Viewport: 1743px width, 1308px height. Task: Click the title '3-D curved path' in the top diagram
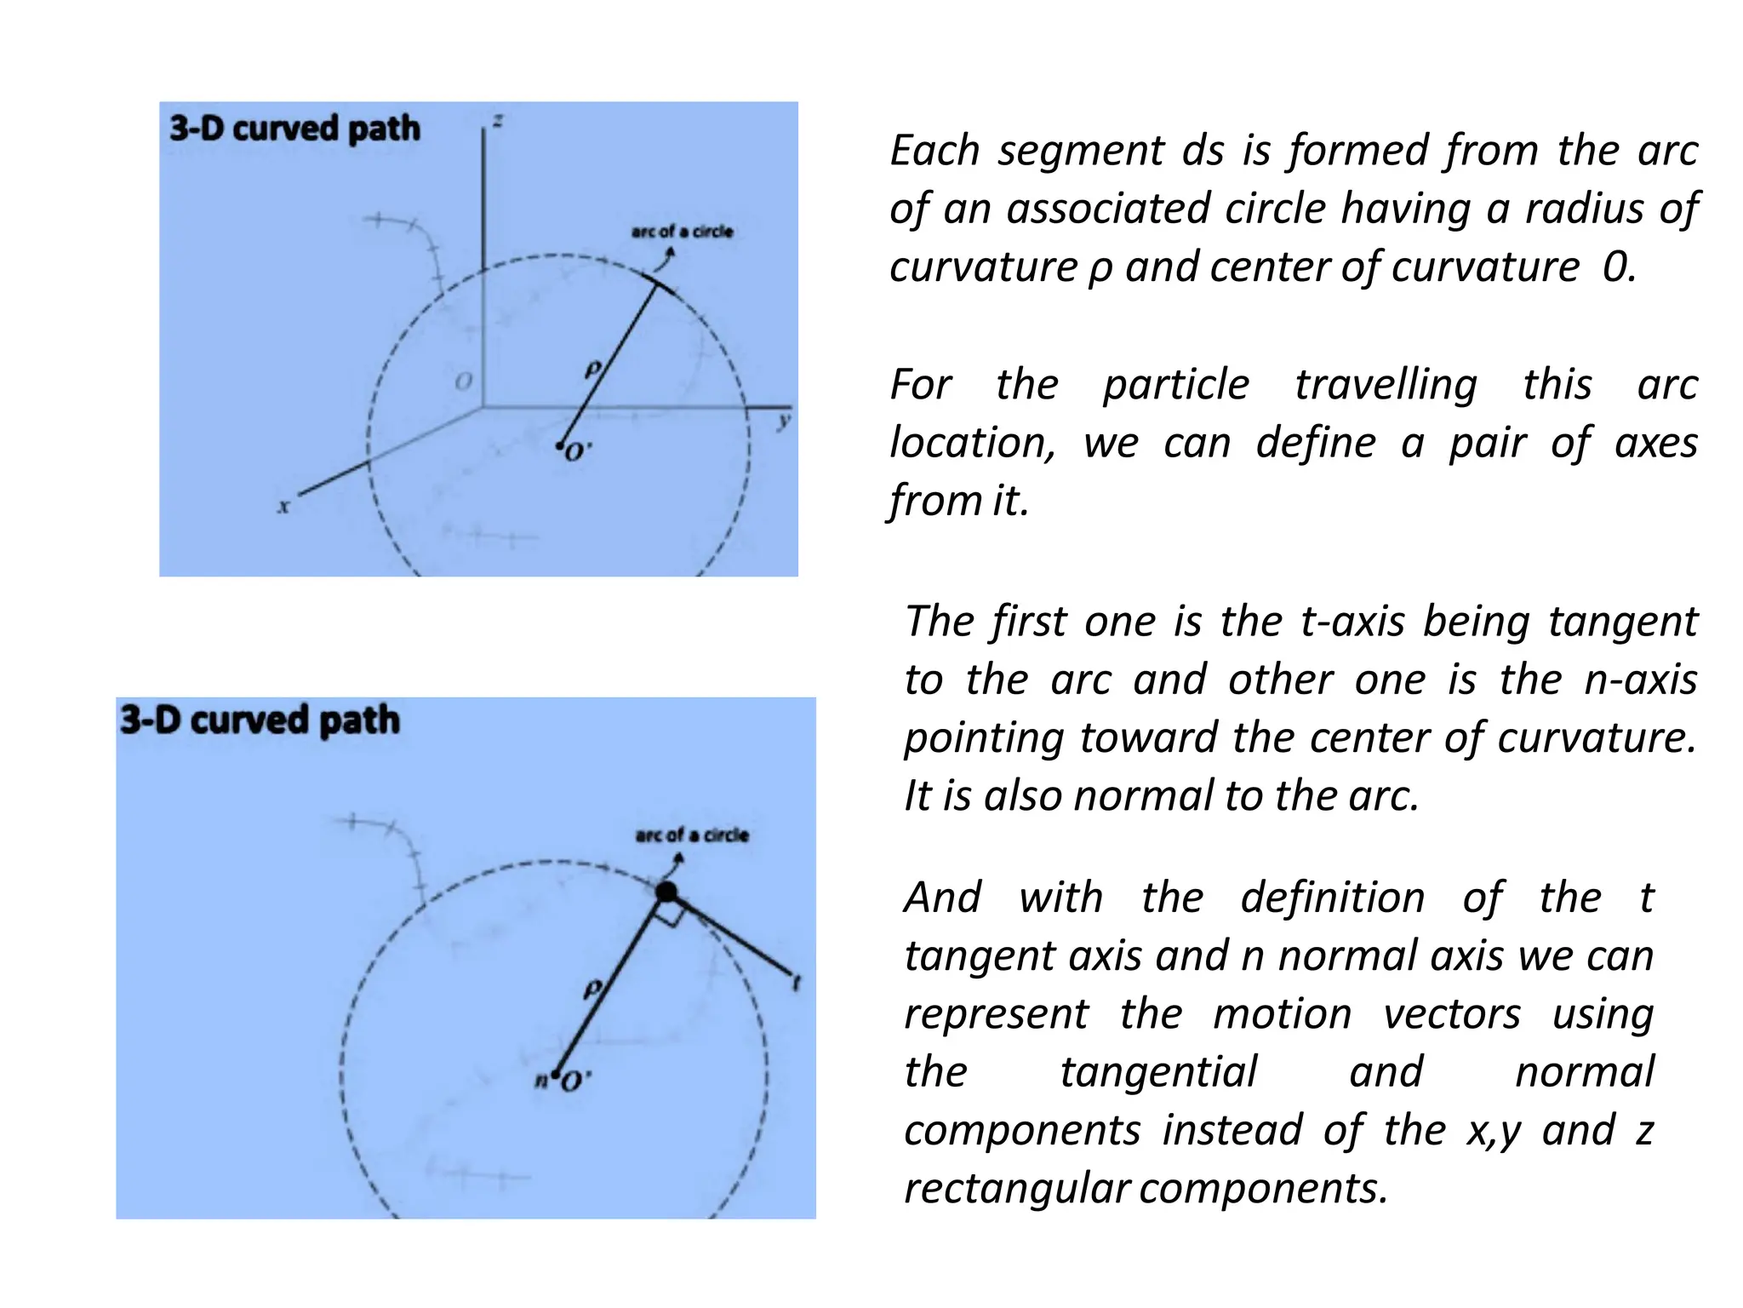(294, 129)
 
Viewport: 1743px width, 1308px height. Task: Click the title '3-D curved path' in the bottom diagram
(260, 720)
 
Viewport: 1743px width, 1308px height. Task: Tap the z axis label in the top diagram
(498, 121)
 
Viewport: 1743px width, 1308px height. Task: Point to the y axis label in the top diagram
(784, 422)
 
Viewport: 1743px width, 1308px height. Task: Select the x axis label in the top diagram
(284, 507)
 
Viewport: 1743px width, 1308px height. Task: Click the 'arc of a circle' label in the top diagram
(682, 232)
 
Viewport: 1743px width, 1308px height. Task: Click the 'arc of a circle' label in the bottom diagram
(692, 835)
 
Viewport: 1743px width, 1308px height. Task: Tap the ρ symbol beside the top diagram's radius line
(593, 369)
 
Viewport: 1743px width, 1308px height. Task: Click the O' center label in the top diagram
(577, 451)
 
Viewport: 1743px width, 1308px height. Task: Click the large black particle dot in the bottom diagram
(666, 892)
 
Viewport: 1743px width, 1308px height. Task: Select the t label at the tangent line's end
(797, 983)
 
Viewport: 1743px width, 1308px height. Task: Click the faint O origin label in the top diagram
(464, 381)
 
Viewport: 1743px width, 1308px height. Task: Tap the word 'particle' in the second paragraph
(1176, 384)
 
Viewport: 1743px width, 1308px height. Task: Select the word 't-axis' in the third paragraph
(1352, 621)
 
